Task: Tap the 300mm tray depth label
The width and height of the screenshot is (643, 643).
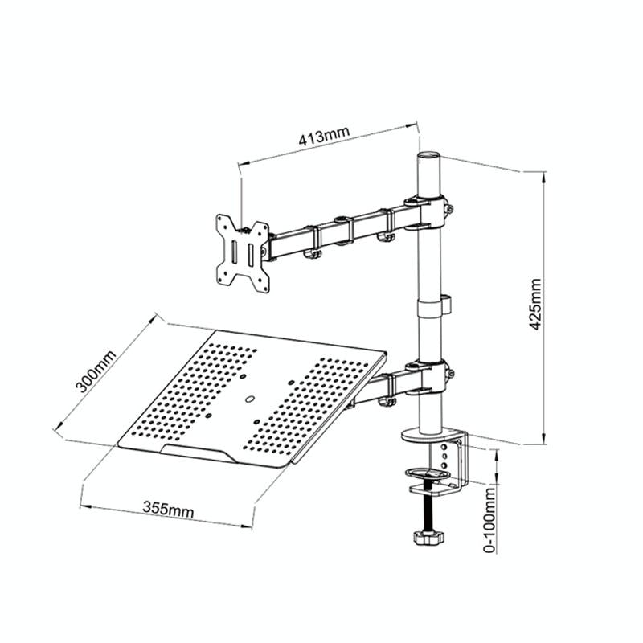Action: click(94, 371)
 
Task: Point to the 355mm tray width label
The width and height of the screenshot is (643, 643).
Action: click(168, 507)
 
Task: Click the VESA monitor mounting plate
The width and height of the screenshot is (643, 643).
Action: click(242, 251)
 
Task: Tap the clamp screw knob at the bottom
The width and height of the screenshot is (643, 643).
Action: click(428, 536)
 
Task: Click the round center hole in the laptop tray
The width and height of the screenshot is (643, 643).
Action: click(250, 396)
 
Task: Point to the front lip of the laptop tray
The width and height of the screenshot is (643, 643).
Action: click(201, 455)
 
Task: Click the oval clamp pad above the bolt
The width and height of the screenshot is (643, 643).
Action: click(432, 475)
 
